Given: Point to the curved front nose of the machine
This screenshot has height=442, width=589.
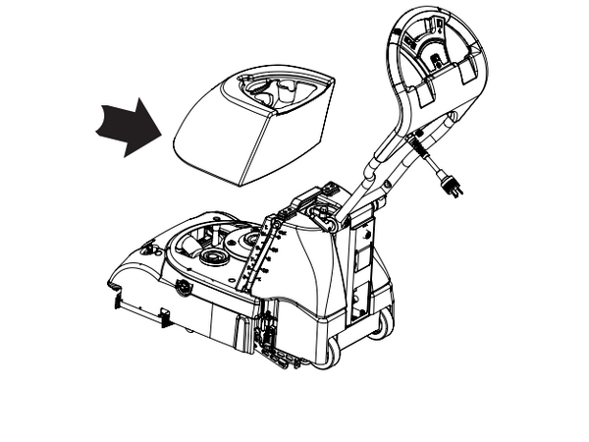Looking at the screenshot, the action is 128,270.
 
